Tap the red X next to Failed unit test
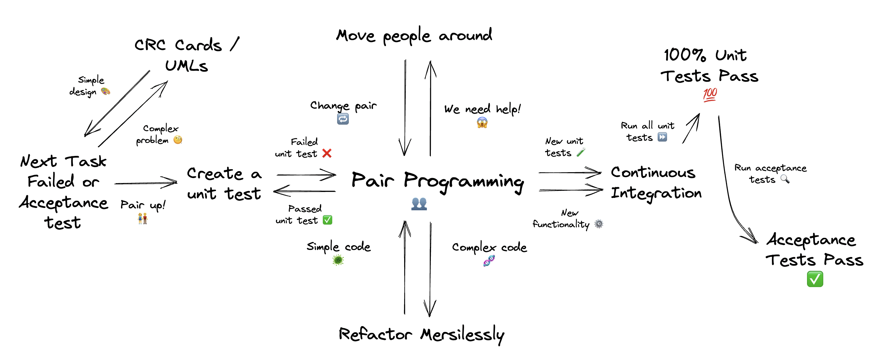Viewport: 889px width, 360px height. pos(326,153)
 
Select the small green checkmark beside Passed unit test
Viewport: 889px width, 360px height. pos(327,220)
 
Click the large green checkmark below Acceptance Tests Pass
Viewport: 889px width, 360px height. pos(814,279)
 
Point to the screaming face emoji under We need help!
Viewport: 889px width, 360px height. pos(482,122)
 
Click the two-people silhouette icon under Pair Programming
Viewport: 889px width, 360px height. pos(419,204)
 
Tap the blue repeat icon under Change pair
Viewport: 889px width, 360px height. pos(343,119)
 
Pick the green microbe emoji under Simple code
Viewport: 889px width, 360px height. pos(338,260)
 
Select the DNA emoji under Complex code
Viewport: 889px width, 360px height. pos(489,261)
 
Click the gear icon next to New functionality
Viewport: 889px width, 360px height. pos(599,224)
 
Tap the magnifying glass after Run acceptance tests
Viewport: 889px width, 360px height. pos(785,179)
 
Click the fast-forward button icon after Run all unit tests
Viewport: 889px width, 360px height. pos(662,137)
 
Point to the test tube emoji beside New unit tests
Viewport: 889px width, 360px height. pos(581,152)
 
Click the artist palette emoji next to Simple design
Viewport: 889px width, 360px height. pos(105,91)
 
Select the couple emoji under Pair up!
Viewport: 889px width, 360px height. pos(143,218)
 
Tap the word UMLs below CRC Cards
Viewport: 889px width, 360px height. pos(186,65)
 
